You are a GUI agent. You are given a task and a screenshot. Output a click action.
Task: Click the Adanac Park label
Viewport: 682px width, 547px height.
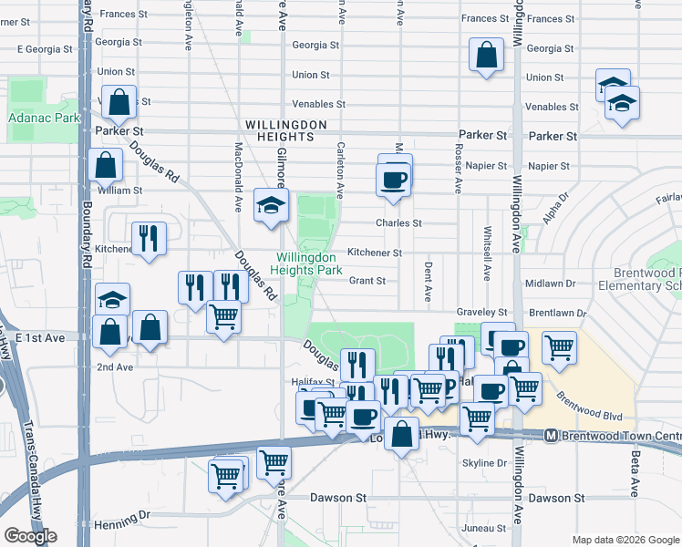point(44,118)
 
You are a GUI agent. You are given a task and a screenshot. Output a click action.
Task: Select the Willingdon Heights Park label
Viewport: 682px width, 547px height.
point(309,263)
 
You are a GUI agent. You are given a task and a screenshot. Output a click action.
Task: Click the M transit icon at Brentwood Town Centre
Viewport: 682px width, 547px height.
point(551,437)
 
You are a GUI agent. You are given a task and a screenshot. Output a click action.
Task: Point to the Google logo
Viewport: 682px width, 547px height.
point(30,536)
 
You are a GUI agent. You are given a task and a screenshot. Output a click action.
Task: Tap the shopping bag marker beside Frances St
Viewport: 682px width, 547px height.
point(487,54)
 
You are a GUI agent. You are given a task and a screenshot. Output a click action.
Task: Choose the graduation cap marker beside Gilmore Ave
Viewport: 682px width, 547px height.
point(271,206)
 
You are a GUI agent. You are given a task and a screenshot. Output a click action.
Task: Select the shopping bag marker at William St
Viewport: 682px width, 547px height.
point(107,165)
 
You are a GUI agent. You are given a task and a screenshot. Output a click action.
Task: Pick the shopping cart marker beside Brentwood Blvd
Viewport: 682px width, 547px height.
point(558,346)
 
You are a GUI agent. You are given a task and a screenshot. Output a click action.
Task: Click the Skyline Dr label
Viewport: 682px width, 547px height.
point(484,463)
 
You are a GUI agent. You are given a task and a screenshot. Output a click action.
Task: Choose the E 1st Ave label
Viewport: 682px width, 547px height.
point(40,337)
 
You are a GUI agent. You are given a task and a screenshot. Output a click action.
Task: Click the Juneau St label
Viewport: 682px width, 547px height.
point(483,529)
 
